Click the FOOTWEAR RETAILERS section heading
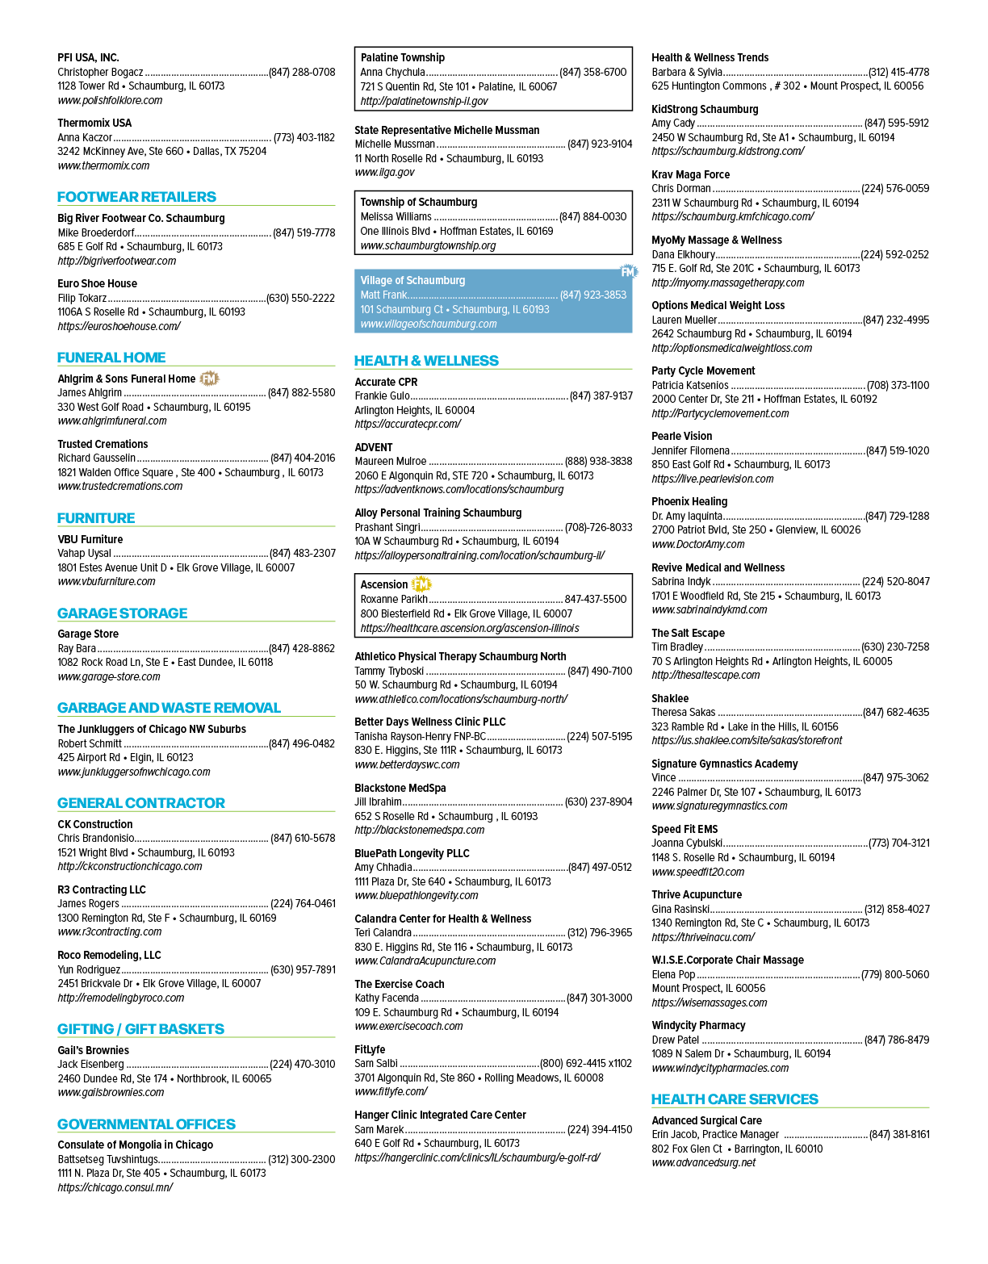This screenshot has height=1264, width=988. [x=136, y=197]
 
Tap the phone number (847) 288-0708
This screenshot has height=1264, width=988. [x=302, y=72]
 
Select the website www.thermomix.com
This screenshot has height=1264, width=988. [x=103, y=165]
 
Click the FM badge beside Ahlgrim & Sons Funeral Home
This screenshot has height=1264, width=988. [x=209, y=379]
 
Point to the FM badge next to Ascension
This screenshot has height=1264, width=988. [x=421, y=584]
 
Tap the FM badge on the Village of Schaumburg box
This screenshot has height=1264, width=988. [x=629, y=272]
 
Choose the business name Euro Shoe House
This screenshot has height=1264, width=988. [x=97, y=283]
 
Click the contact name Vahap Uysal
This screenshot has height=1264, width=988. [x=84, y=553]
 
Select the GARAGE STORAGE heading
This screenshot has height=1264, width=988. [x=122, y=613]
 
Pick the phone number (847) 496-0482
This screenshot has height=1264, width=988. [x=302, y=743]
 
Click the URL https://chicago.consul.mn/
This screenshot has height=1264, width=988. [x=115, y=1187]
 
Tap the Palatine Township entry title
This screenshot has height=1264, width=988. [x=403, y=57]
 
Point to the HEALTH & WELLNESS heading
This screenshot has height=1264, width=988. [x=426, y=361]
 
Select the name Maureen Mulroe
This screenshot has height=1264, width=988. [x=391, y=461]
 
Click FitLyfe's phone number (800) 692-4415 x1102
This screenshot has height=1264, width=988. [x=586, y=1063]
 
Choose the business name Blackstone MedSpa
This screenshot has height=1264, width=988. [x=400, y=788]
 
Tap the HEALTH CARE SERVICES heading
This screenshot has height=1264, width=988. [x=735, y=1099]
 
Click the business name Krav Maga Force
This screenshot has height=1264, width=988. [x=690, y=174]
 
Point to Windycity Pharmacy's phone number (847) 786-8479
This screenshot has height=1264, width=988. [x=897, y=1040]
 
